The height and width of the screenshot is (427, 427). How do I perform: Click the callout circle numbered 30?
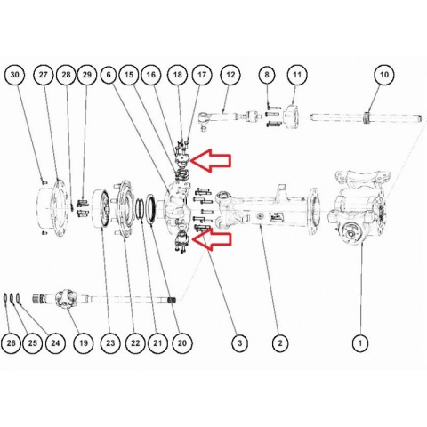point(14,75)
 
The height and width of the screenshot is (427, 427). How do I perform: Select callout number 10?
point(383,75)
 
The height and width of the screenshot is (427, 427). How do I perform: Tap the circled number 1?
point(360,343)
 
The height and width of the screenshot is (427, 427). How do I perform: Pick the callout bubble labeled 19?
point(84,343)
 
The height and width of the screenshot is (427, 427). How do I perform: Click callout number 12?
point(230,75)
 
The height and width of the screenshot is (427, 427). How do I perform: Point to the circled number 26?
point(11,343)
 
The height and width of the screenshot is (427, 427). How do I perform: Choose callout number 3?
point(240,343)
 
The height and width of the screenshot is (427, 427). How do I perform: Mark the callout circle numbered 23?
point(110,343)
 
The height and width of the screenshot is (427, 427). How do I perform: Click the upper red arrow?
point(211,160)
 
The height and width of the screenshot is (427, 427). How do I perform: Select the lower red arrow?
point(211,239)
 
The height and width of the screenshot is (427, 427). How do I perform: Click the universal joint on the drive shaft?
point(66,300)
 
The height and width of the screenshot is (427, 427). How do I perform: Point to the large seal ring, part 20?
point(150,209)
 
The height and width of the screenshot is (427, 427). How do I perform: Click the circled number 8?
point(267,75)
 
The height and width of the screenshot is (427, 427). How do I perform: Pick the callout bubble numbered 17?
point(202,75)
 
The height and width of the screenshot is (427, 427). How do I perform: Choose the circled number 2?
point(280,343)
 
